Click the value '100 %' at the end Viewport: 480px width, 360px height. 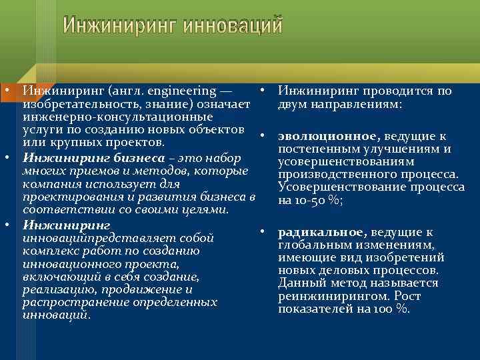[392, 309]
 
